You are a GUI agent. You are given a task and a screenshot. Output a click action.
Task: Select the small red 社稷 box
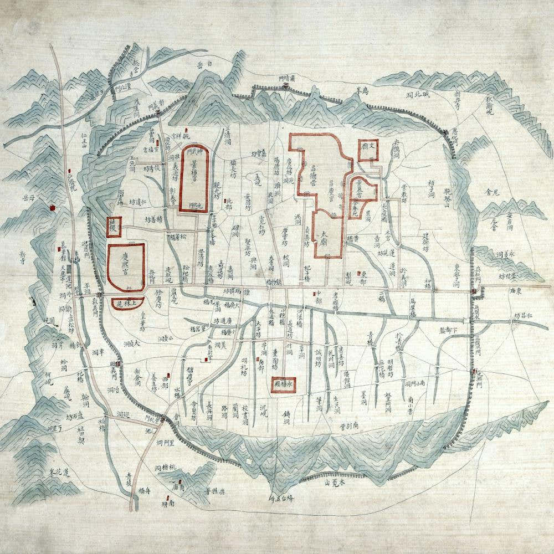tap(114, 227)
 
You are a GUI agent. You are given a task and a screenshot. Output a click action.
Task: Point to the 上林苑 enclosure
tap(129, 302)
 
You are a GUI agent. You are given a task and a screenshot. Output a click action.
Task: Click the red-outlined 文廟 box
tap(368, 149)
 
